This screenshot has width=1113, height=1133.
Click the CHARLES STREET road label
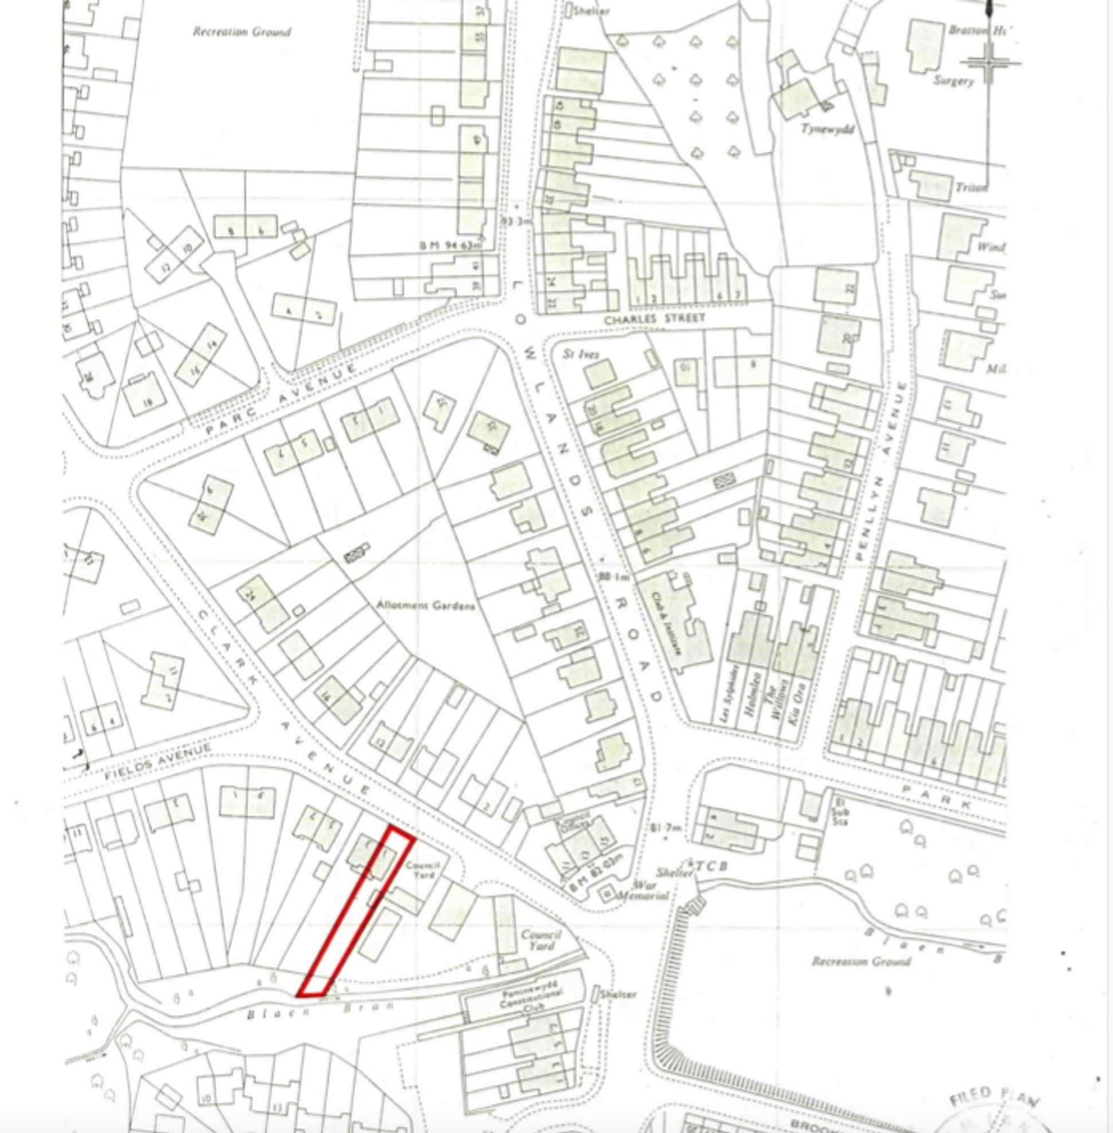tap(654, 320)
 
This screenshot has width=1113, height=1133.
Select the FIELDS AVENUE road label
tap(158, 763)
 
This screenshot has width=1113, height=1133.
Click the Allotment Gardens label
tap(425, 605)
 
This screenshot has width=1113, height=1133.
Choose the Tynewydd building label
tap(826, 128)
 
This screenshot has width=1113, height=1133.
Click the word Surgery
tap(953, 81)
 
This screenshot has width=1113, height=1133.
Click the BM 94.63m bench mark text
tap(450, 246)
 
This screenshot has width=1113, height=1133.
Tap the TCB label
tap(712, 865)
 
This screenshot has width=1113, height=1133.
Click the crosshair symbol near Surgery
tap(989, 62)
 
